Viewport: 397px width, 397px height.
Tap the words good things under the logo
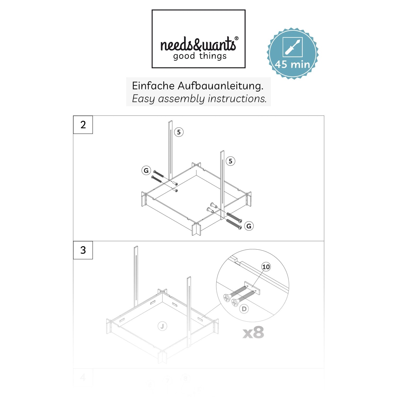[200, 56]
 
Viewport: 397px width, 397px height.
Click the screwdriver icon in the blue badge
[292, 47]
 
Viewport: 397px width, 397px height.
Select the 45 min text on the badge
[292, 64]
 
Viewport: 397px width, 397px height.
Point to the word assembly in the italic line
[181, 99]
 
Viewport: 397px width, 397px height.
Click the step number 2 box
[83, 125]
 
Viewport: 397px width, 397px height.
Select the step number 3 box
[83, 250]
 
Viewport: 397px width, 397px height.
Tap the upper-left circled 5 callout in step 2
[179, 132]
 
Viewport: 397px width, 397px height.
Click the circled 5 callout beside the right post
[231, 161]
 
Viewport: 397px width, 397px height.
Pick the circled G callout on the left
[146, 170]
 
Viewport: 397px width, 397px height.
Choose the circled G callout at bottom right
[249, 226]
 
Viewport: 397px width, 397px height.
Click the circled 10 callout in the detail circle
[266, 267]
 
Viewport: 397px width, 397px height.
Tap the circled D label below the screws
[244, 309]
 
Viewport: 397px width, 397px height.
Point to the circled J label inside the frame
[162, 326]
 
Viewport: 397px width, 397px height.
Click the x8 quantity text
[253, 333]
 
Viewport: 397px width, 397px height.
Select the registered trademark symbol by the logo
[237, 38]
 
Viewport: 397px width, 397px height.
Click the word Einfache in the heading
[153, 86]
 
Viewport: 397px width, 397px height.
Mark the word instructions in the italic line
[237, 99]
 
